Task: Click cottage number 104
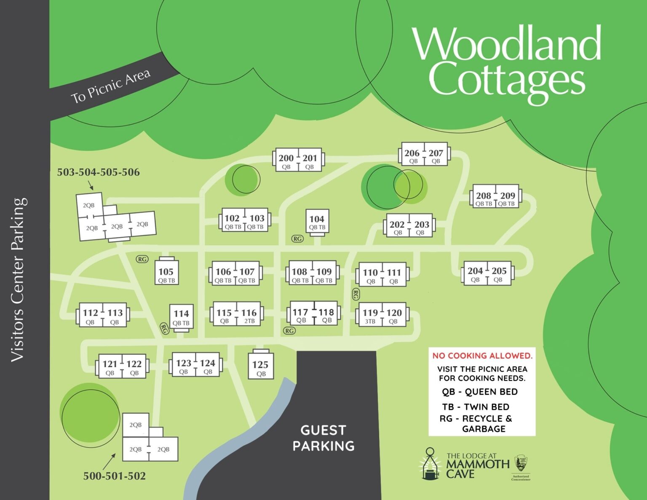317,222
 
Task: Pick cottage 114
181,317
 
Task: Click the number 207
436,153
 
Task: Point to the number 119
370,313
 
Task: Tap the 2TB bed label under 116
249,321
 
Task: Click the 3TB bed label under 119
370,321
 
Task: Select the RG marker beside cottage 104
297,239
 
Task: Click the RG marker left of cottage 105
142,259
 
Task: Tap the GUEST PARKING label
323,438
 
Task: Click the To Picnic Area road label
110,86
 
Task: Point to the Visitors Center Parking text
19,280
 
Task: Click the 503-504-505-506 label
98,172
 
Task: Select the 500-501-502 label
114,476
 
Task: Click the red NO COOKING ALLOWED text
482,356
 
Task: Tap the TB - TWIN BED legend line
476,407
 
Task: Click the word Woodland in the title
507,43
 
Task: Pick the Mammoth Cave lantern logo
430,464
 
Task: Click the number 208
484,195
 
